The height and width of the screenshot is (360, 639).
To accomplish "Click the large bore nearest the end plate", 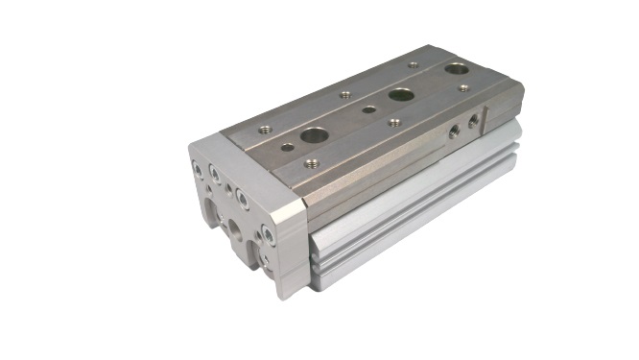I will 313,135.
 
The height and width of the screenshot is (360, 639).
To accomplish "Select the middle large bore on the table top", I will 400,95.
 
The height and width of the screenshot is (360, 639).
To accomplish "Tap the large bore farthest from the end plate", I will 457,69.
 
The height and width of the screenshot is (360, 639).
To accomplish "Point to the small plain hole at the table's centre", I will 369,109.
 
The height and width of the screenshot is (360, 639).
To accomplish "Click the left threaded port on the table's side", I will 453,133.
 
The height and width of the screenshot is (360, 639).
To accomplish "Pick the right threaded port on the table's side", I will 472,123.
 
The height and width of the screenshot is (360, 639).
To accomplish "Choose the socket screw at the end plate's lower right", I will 270,233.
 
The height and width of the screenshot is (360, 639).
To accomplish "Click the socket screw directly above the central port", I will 242,200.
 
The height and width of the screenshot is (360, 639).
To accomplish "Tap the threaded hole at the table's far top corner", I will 413,65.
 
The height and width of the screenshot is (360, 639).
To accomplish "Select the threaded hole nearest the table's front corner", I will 312,163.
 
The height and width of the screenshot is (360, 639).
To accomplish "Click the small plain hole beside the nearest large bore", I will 287,147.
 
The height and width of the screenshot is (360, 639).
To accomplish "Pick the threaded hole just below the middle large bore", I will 394,122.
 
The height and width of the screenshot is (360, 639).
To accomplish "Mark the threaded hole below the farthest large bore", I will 462,88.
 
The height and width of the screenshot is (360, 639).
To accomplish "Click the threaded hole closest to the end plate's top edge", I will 263,128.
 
